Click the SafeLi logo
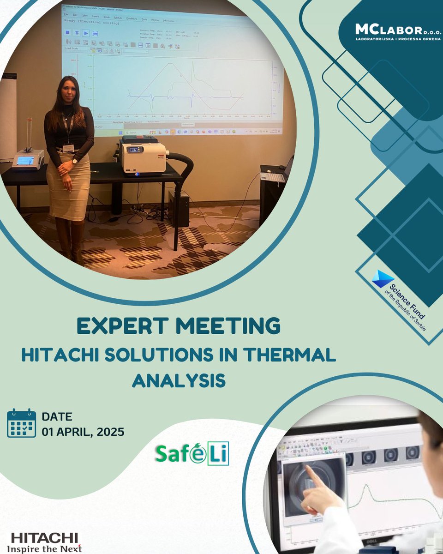point(192,454)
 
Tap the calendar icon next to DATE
point(21,423)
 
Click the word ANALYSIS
point(179,380)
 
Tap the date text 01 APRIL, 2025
point(83,433)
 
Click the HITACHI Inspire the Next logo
point(44,542)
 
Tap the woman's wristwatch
point(74,161)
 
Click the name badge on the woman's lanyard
point(68,148)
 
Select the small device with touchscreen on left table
point(28,160)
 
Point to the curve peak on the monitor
point(365,487)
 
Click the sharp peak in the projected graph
point(193,64)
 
